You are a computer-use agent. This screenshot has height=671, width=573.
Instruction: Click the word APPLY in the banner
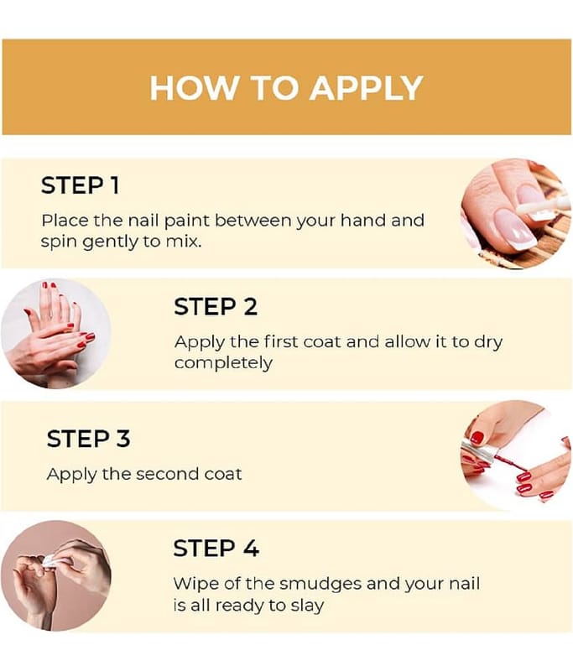click(367, 88)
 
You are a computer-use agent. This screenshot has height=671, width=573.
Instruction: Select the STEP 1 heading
click(80, 185)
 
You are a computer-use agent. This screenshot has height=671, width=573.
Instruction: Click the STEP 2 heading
click(216, 306)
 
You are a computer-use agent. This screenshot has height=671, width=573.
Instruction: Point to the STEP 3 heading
click(89, 438)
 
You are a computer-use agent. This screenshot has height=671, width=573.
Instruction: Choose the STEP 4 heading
click(216, 548)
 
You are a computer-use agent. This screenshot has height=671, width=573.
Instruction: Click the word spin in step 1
click(59, 242)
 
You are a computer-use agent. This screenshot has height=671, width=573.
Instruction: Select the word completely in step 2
click(223, 363)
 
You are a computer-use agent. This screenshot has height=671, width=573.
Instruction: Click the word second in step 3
click(167, 474)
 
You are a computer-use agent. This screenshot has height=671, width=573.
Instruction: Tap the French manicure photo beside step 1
click(515, 214)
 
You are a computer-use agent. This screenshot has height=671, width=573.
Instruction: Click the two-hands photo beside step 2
click(55, 333)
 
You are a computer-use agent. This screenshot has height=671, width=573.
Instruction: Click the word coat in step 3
click(223, 474)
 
